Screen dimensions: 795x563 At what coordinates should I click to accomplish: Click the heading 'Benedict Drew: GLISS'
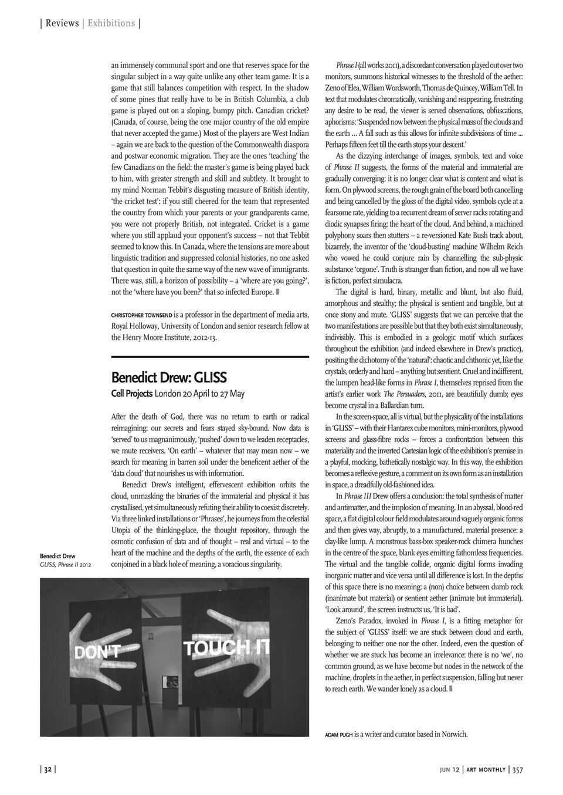[169, 376]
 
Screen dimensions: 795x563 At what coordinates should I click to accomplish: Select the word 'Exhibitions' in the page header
[111, 23]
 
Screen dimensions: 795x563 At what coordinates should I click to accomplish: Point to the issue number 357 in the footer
[517, 770]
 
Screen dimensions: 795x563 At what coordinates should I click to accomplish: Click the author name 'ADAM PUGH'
[338, 734]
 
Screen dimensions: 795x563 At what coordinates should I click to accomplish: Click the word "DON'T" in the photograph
[97, 650]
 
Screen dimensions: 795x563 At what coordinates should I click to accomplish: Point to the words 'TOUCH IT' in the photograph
[226, 647]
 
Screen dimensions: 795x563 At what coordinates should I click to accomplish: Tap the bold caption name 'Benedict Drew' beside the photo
[57, 556]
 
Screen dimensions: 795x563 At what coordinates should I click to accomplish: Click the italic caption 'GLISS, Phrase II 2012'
[65, 565]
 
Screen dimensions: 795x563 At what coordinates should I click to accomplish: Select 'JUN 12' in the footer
[451, 770]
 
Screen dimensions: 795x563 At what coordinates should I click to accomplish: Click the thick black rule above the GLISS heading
[210, 356]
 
